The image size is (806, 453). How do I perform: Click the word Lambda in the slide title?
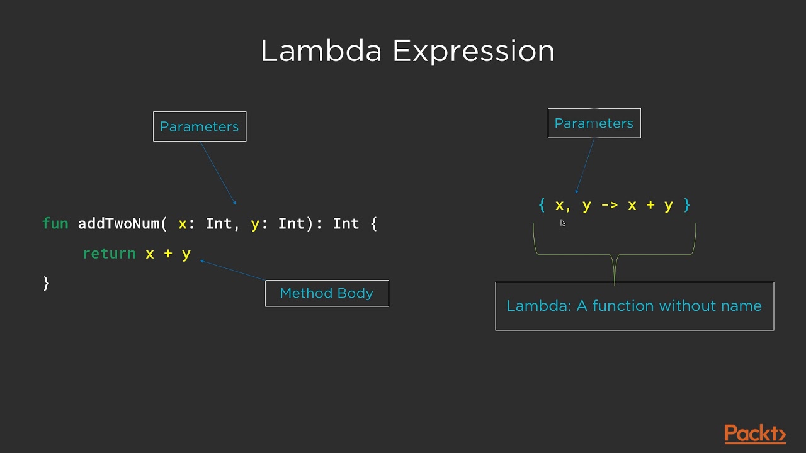321,51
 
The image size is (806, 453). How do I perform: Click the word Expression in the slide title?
473,51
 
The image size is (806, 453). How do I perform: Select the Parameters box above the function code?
200,126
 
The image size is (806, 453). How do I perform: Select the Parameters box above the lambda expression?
594,123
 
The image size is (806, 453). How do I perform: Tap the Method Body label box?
327,293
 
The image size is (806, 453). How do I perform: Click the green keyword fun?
55,224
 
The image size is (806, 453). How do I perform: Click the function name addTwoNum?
118,224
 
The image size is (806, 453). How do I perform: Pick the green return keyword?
109,254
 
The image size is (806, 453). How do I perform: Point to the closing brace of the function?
46,283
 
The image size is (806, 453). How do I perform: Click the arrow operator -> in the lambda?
610,205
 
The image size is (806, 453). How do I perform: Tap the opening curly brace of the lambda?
542,205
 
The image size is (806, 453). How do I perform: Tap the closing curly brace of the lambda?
687,205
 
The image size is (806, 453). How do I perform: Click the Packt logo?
755,434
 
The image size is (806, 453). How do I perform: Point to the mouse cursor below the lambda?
562,223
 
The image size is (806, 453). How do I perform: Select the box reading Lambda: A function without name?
634,306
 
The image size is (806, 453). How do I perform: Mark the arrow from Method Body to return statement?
233,271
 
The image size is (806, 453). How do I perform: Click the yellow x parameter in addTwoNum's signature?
183,224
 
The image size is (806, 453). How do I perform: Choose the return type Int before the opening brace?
346,224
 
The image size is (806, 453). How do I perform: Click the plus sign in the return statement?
168,254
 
